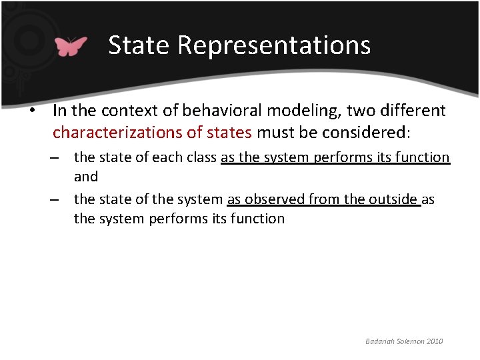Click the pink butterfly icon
(x=71, y=45)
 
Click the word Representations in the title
(x=274, y=45)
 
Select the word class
(x=199, y=157)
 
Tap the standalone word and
(x=86, y=177)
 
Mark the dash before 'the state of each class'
(x=59, y=158)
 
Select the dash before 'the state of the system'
(x=59, y=199)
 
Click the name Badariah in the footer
(x=381, y=341)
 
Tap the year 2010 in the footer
(x=433, y=341)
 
